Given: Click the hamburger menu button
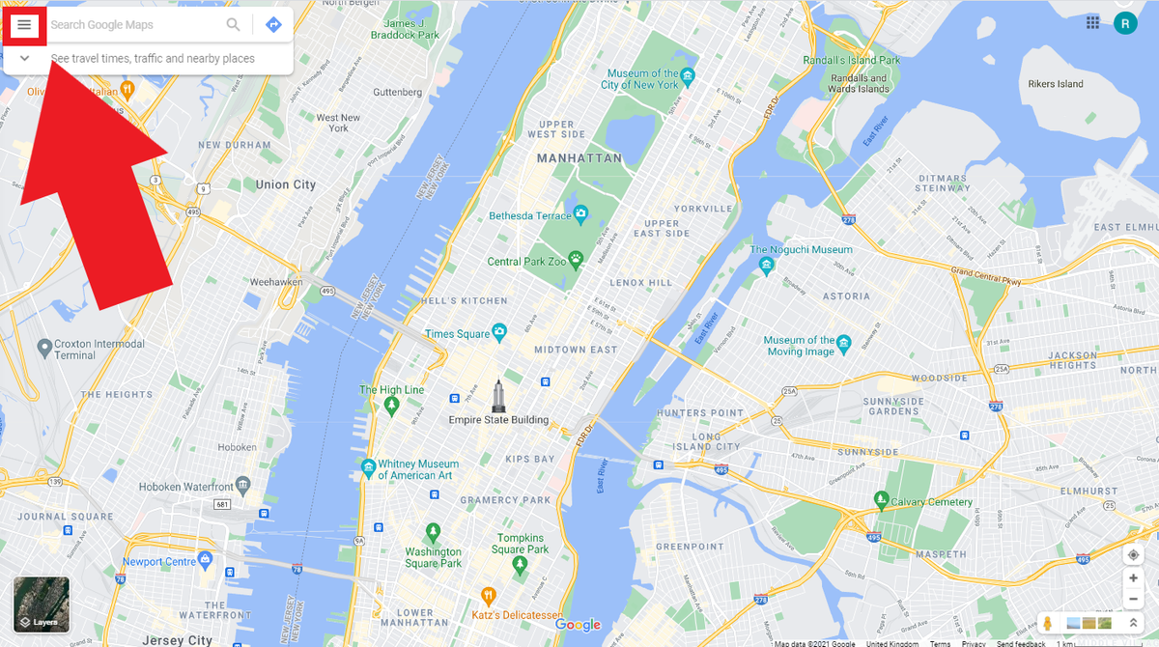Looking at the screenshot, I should click(24, 24).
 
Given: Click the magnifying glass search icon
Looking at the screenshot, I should click(233, 24).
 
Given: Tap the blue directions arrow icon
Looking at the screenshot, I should click(273, 24).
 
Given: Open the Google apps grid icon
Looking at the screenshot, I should click(1092, 22).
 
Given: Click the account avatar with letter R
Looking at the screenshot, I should click(1125, 23).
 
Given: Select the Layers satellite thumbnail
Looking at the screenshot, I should click(41, 605).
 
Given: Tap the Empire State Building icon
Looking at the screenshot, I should click(498, 395).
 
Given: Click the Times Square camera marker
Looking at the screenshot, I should click(499, 332).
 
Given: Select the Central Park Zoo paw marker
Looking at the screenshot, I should click(577, 259).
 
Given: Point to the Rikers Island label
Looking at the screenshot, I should click(1056, 84).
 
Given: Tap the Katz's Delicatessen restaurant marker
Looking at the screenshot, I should click(488, 595).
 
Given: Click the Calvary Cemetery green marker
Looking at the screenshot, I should click(881, 499).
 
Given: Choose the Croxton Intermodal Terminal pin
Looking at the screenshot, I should click(43, 347).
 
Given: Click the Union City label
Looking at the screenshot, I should click(285, 184).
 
